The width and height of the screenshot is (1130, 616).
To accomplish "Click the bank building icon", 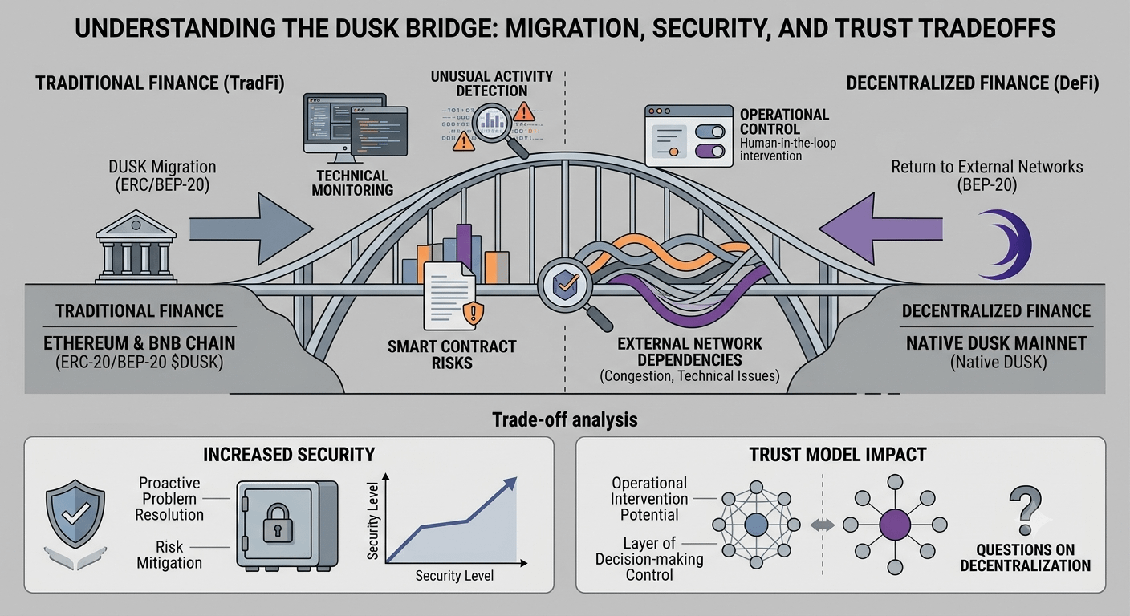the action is [136, 246].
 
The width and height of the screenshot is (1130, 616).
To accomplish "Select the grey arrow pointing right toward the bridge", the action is [251, 229].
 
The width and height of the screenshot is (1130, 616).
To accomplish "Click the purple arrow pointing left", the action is [880, 229].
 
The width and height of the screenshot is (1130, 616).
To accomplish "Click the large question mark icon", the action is [1026, 510].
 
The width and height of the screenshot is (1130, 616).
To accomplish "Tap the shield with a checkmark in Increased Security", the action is [75, 513].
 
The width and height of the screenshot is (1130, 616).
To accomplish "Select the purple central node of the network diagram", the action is [895, 525].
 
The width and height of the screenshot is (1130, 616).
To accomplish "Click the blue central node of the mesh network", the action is [756, 525].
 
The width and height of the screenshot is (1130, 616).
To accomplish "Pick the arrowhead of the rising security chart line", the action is [510, 484].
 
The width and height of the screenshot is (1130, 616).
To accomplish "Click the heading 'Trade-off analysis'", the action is [565, 419].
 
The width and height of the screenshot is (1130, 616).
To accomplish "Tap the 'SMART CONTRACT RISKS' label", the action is [452, 355].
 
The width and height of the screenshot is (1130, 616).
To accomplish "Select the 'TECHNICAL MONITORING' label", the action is [352, 183].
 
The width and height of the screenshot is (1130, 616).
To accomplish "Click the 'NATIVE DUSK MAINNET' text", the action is [996, 343].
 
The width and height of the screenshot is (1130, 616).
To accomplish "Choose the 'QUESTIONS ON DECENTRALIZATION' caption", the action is [1025, 557].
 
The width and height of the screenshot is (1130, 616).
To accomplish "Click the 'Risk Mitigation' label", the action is [169, 554].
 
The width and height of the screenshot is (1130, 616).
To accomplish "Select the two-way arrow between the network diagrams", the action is [823, 525].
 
